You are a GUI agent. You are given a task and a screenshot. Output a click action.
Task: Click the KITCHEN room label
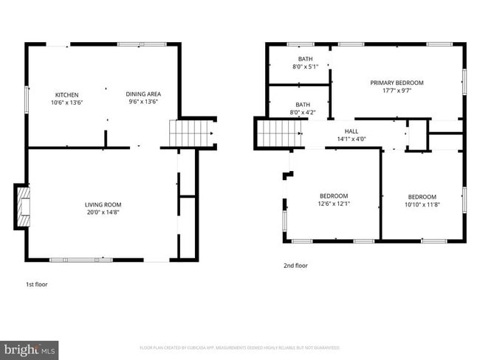point(67,94)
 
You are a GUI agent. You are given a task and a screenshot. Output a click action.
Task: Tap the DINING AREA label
point(143,94)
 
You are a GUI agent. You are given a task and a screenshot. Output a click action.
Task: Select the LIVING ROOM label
point(103,204)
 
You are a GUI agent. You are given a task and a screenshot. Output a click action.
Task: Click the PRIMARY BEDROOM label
point(397,83)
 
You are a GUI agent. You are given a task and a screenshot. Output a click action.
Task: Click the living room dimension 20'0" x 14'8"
point(103,212)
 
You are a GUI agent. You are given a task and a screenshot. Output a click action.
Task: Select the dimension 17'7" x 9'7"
point(397,91)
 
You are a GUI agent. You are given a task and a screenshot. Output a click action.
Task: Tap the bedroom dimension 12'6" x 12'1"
point(334,204)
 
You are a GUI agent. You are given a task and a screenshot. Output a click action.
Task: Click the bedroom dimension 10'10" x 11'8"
point(422,205)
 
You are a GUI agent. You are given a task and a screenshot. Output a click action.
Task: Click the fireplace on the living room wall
point(22,206)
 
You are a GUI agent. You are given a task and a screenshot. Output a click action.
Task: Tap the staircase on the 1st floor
point(185,134)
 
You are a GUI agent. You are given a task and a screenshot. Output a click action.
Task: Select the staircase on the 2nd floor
point(278,134)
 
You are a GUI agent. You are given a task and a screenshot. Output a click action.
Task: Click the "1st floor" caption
point(36,283)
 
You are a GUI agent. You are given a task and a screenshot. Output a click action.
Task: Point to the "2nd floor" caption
point(295,266)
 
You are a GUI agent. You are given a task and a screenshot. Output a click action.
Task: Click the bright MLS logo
point(30,348)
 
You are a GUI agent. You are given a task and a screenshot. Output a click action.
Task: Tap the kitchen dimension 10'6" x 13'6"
point(67,103)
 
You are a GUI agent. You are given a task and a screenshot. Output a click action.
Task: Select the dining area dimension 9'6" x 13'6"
point(143,103)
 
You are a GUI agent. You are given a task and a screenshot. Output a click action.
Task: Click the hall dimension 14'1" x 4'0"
point(352,139)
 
